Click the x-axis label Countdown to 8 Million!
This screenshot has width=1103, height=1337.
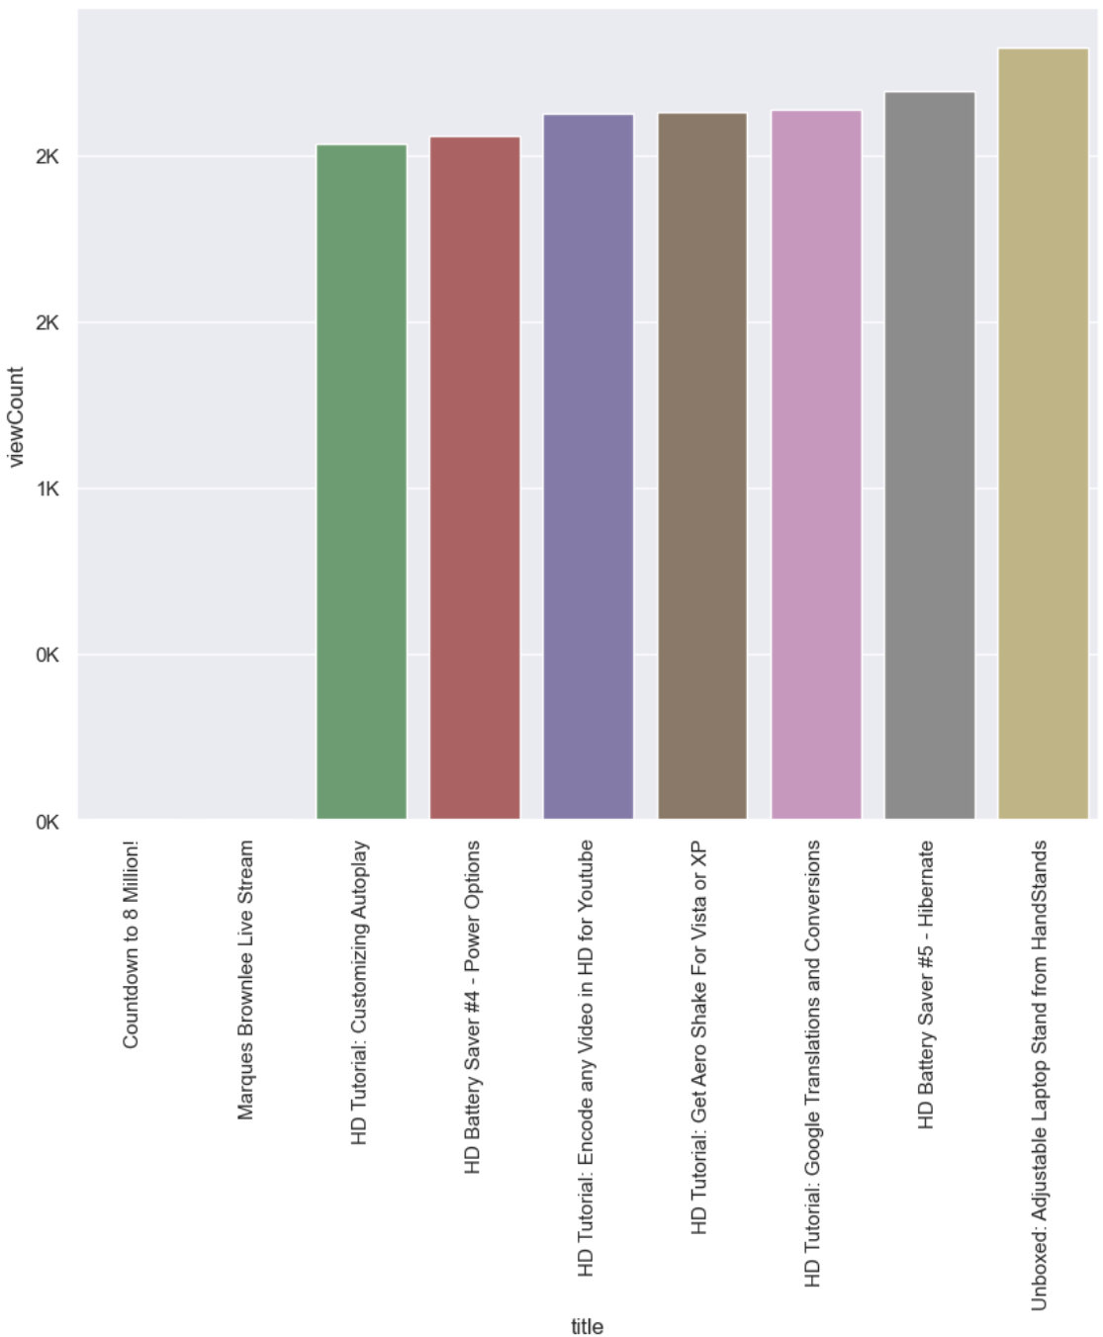pos(132,944)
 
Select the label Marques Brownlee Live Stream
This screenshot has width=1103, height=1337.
pos(245,980)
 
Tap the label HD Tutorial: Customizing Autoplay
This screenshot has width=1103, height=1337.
pos(360,993)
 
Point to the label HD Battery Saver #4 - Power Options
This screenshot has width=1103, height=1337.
pos(473,1007)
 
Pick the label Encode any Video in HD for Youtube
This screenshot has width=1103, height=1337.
pos(587,1057)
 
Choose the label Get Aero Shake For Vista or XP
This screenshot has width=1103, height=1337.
pos(699,1037)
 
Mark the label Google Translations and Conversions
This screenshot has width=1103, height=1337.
pos(813,1063)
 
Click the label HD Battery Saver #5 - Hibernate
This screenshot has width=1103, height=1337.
pos(927,984)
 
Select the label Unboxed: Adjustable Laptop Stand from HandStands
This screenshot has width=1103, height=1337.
pos(1040,1075)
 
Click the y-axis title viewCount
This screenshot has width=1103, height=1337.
pos(16,416)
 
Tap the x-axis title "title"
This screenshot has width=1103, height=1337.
pos(587,1326)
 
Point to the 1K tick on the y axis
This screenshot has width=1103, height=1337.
pos(47,490)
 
